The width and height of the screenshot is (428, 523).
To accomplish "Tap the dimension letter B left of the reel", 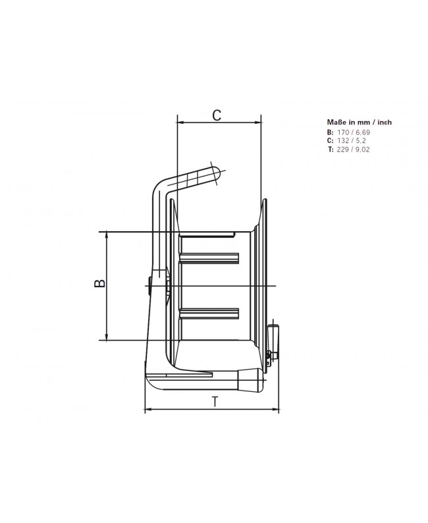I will point(98,283).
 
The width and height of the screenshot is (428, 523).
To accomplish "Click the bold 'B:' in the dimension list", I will point(331,132).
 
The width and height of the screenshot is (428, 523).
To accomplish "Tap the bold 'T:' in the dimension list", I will point(331,150).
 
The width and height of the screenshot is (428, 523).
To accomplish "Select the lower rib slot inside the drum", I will point(209,312).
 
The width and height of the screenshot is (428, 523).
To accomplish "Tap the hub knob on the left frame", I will point(150,286).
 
